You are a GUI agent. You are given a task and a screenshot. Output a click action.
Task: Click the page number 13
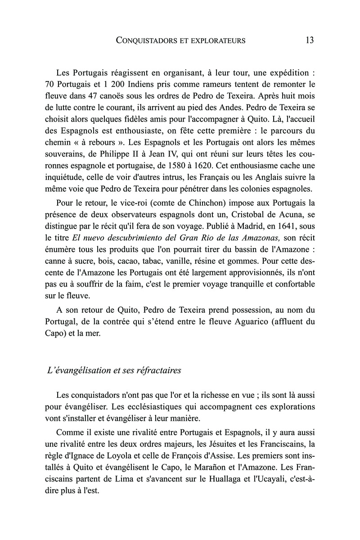click(309, 40)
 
